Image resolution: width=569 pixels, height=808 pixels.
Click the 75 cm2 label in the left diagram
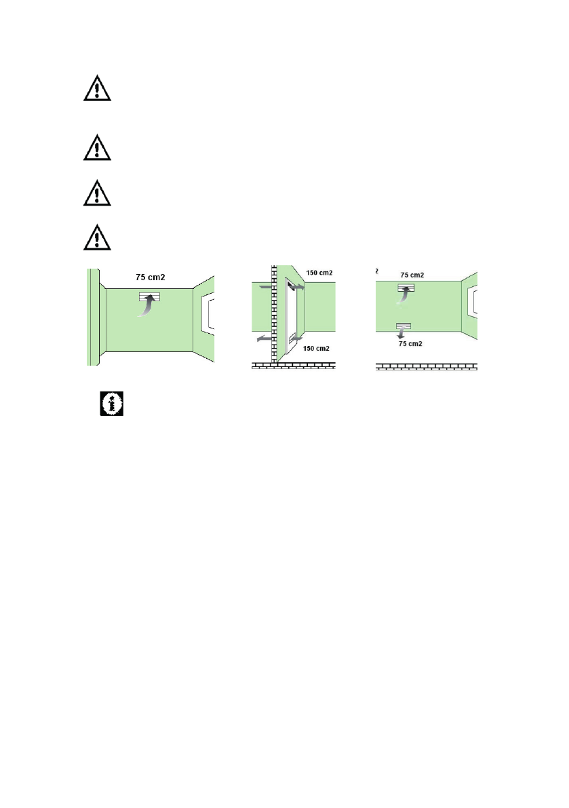click(x=151, y=277)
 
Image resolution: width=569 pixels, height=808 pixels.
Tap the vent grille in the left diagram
click(x=149, y=296)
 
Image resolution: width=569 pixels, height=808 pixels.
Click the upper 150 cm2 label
click(x=319, y=273)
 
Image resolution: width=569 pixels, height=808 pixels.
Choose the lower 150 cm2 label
click(x=316, y=348)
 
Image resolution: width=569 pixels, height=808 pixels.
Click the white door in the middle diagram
click(x=291, y=317)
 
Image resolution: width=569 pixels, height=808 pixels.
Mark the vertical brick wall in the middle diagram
click(x=275, y=314)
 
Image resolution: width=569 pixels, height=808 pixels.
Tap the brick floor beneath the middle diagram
click(x=294, y=366)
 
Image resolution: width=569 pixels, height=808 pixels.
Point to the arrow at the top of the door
click(x=296, y=286)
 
